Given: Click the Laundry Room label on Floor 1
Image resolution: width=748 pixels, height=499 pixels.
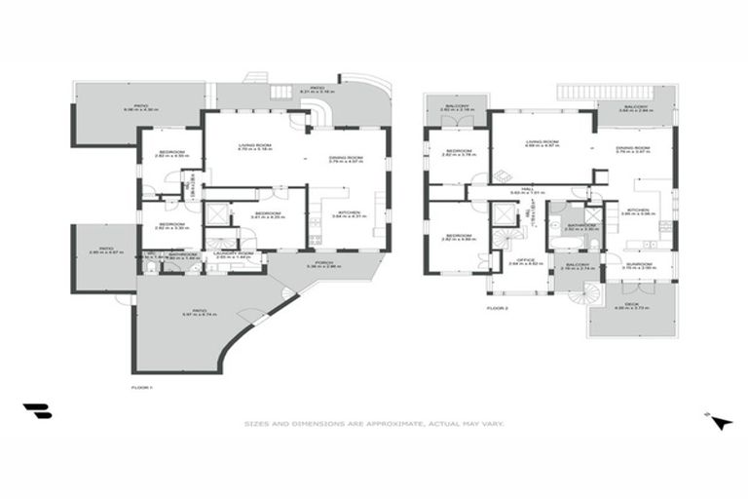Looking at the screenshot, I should click(x=234, y=255).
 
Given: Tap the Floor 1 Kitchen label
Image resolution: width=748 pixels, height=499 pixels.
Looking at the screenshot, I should click(x=348, y=214).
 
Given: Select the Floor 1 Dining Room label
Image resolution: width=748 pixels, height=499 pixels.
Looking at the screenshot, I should click(x=346, y=159).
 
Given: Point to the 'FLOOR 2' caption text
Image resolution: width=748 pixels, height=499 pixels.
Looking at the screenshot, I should click(x=497, y=308).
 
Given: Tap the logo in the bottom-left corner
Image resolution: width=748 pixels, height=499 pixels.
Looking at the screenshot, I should click(x=37, y=411).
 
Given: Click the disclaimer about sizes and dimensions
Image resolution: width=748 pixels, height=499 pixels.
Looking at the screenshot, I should click(x=373, y=424).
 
